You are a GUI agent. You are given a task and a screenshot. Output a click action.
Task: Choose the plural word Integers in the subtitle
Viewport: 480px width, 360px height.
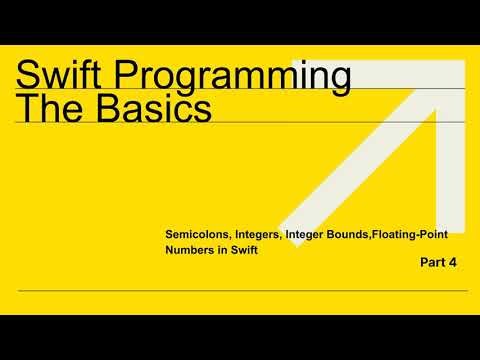(x=259, y=234)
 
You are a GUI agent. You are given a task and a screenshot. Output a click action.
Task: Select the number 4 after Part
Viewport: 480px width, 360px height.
(x=453, y=265)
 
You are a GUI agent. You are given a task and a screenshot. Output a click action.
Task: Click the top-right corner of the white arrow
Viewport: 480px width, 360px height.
(x=461, y=63)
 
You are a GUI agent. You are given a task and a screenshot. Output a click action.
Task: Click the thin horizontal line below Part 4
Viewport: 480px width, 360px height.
(x=240, y=291)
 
